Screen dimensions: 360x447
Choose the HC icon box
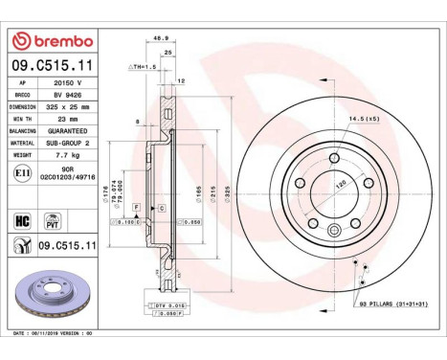pos(20,219)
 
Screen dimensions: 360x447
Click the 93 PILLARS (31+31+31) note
pos(392,304)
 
